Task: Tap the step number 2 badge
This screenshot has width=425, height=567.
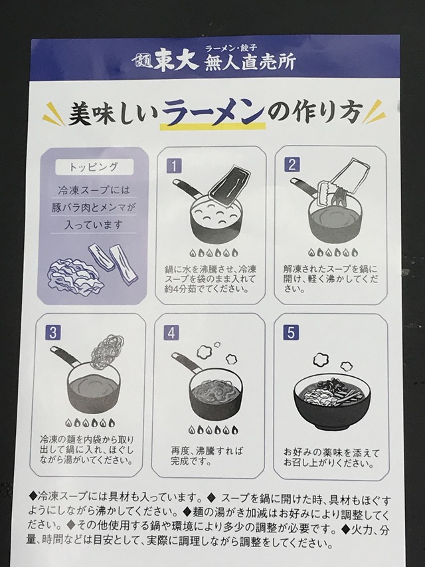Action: tap(292, 164)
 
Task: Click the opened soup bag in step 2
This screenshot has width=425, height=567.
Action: tap(342, 183)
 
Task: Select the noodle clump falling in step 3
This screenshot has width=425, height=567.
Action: tap(103, 348)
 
